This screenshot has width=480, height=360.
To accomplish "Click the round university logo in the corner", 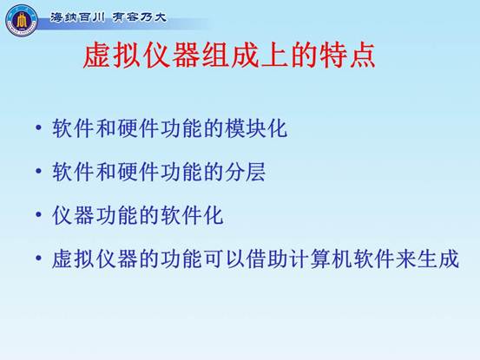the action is click(x=22, y=20).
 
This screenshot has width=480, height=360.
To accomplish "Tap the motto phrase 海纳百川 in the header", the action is click(x=77, y=17).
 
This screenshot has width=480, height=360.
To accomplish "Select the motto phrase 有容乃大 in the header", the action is click(x=140, y=17).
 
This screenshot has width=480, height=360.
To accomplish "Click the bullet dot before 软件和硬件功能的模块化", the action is click(x=38, y=128).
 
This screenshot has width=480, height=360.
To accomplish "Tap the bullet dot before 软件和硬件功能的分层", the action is click(x=38, y=171).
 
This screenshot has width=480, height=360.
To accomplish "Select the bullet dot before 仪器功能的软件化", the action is click(x=38, y=214).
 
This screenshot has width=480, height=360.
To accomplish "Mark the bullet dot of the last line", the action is click(x=38, y=259).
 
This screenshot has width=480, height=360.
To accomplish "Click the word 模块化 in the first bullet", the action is click(x=256, y=128).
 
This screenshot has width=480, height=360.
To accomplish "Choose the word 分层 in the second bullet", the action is click(x=245, y=171).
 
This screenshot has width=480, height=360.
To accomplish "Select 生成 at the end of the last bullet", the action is click(x=438, y=259).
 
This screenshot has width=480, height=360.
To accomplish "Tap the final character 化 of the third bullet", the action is click(x=213, y=215).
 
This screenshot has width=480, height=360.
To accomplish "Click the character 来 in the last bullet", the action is click(x=406, y=259).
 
